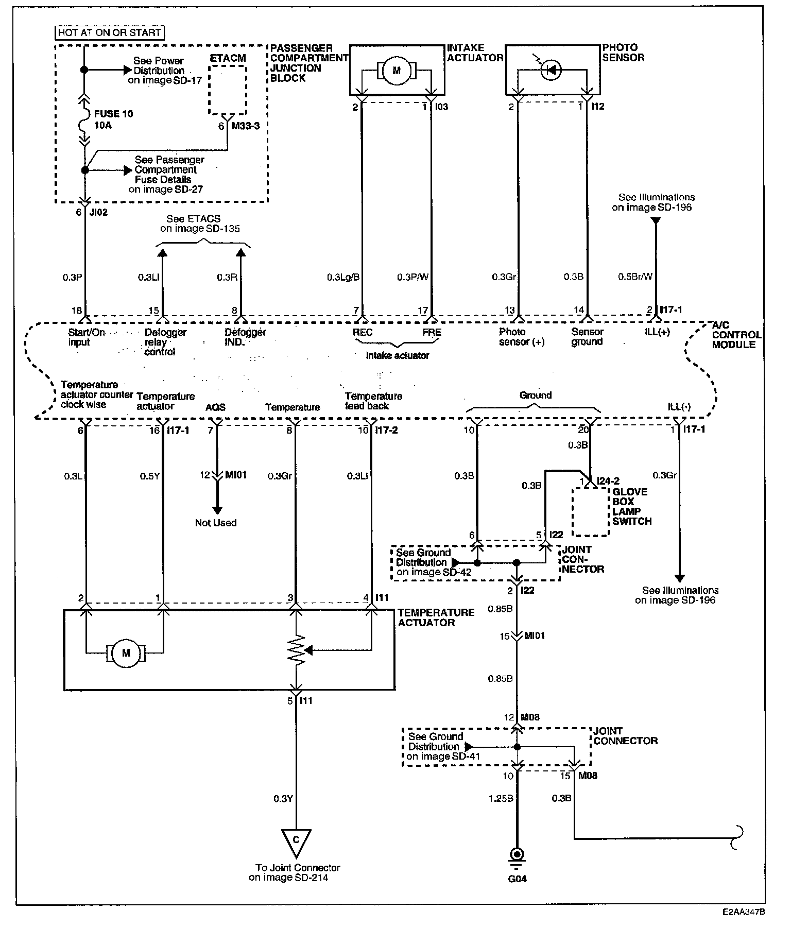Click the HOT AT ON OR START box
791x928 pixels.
click(109, 32)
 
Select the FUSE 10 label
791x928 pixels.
click(114, 114)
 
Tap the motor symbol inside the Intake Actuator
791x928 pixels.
click(396, 71)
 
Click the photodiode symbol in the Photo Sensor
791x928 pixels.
click(551, 70)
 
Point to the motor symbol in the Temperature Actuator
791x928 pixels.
click(126, 653)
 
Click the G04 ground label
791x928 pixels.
click(517, 879)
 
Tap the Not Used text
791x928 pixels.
click(216, 523)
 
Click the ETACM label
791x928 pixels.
click(228, 58)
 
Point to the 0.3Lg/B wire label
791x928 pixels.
click(343, 277)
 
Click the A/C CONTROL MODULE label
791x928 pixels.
click(736, 335)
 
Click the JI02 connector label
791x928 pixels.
click(98, 212)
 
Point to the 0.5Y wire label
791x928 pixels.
click(150, 476)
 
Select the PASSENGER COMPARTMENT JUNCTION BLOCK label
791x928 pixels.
click(302, 63)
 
